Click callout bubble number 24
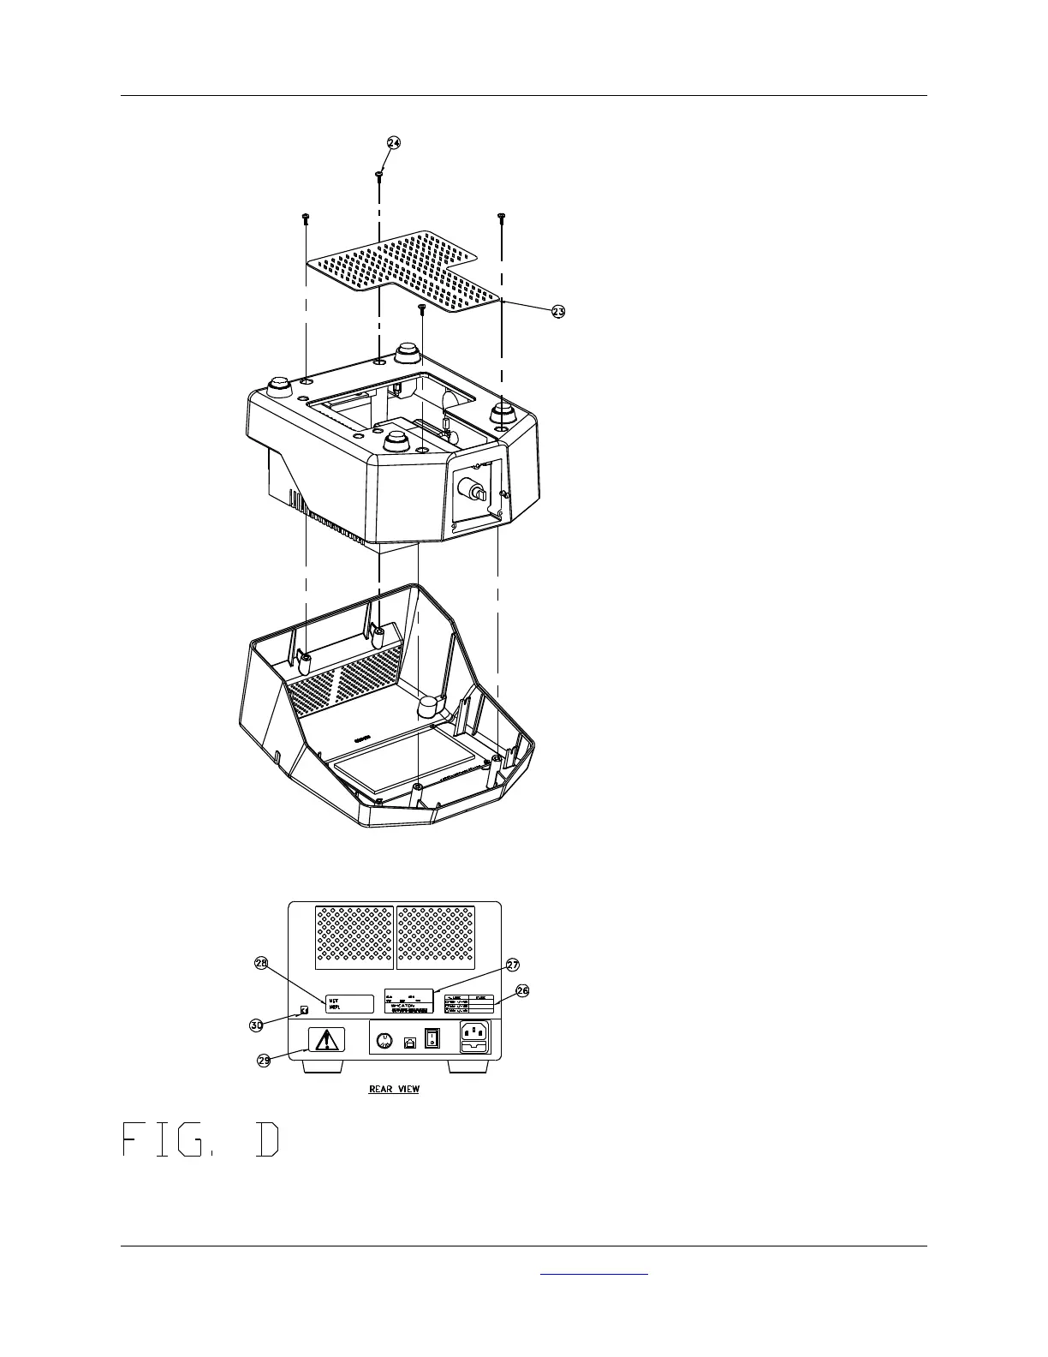[393, 143]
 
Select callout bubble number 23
[557, 312]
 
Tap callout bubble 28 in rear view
[262, 964]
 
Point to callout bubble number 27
[512, 965]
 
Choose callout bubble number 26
[522, 991]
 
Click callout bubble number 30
[256, 1024]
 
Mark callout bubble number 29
[265, 1060]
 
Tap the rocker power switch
[433, 1039]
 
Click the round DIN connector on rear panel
[385, 1040]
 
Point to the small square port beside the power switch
[410, 1042]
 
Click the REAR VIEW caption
[394, 1090]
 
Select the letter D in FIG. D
[267, 1139]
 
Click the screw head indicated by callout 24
[378, 174]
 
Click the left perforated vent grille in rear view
[354, 937]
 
